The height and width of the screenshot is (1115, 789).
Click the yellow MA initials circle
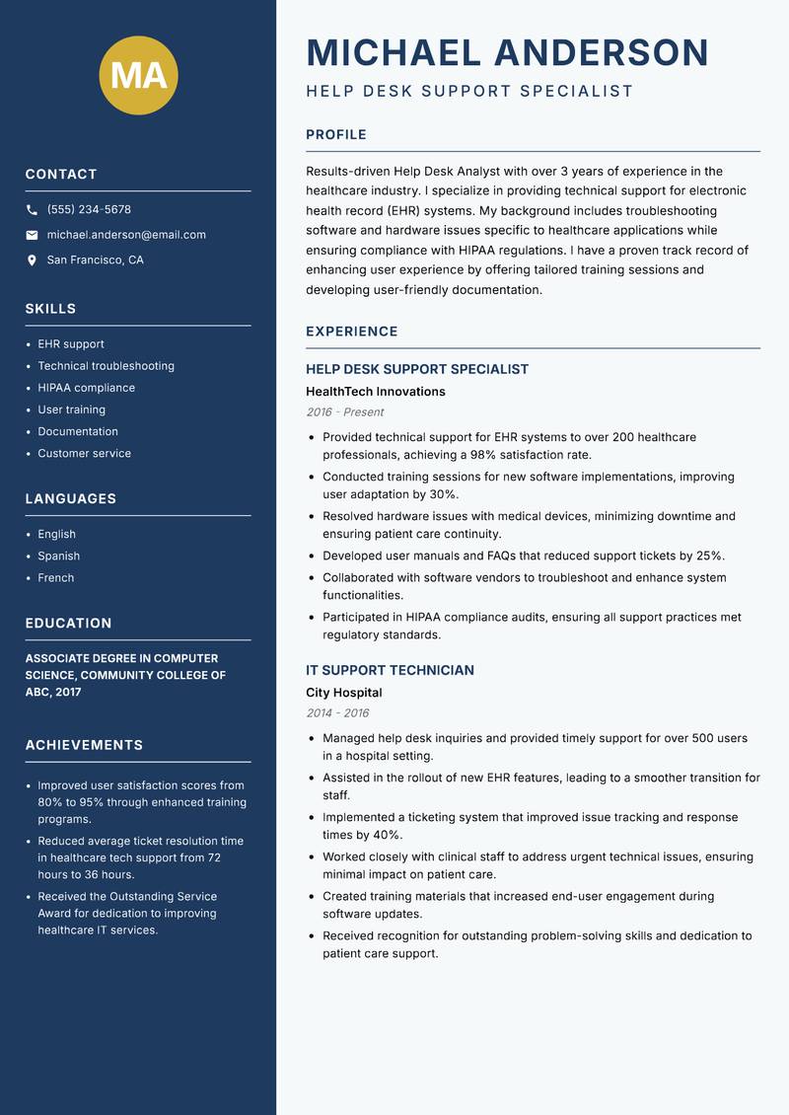pyautogui.click(x=139, y=74)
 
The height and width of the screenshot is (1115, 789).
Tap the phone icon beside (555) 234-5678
pyautogui.click(x=32, y=210)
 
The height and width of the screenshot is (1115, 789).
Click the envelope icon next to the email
pyautogui.click(x=32, y=235)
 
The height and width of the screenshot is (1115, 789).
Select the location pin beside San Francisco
pyautogui.click(x=32, y=260)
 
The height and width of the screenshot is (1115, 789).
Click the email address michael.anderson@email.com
pyautogui.click(x=126, y=235)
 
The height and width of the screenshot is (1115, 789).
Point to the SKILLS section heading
pyautogui.click(x=50, y=309)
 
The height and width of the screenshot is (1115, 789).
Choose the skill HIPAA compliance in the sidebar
pyautogui.click(x=86, y=388)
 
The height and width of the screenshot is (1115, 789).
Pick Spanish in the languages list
pyautogui.click(x=58, y=556)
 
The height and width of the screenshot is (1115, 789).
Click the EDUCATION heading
pyautogui.click(x=68, y=624)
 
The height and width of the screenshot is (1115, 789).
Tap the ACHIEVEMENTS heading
pyautogui.click(x=84, y=745)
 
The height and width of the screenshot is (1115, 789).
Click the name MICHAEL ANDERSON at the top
pyautogui.click(x=507, y=52)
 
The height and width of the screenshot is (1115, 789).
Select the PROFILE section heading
pyautogui.click(x=335, y=135)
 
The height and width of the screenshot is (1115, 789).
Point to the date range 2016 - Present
pyautogui.click(x=344, y=412)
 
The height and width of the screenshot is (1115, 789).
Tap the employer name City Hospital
pyautogui.click(x=343, y=693)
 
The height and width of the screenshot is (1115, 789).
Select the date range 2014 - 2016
pyautogui.click(x=337, y=713)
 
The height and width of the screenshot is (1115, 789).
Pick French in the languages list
pyautogui.click(x=55, y=577)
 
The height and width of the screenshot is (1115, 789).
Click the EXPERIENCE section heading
pyautogui.click(x=351, y=332)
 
